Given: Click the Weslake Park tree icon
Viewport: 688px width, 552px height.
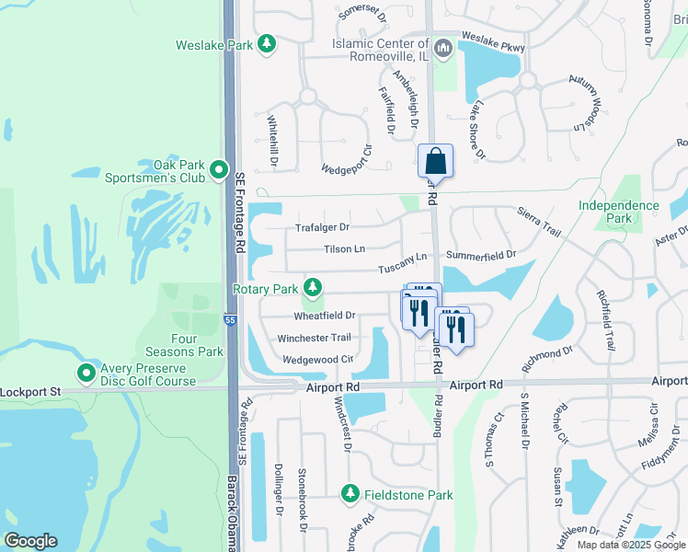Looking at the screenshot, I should tap(267, 44).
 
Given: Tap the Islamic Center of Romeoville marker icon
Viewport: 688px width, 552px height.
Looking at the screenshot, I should tap(442, 47).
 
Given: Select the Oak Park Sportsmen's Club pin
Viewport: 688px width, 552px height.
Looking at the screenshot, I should tap(219, 169).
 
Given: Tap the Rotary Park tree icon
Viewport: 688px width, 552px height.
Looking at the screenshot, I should tap(313, 289).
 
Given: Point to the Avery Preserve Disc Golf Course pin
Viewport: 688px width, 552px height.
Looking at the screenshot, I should tap(86, 373).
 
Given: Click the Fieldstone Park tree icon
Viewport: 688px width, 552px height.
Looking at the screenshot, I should tap(350, 495).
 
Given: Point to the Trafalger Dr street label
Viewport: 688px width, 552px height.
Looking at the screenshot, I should tap(322, 227).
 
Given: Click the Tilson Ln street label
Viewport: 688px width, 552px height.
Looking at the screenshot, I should tap(344, 249).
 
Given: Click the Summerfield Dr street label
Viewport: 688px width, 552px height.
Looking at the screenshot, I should tap(481, 254).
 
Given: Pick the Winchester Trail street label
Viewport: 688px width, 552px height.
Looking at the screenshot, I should tap(315, 338).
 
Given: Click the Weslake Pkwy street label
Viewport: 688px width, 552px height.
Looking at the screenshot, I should tap(492, 38).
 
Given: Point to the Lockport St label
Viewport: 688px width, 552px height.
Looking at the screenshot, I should tap(30, 391).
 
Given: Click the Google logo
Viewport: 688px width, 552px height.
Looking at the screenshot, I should tap(30, 541).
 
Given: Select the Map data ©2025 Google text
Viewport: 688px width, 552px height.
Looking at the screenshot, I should tap(630, 545).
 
